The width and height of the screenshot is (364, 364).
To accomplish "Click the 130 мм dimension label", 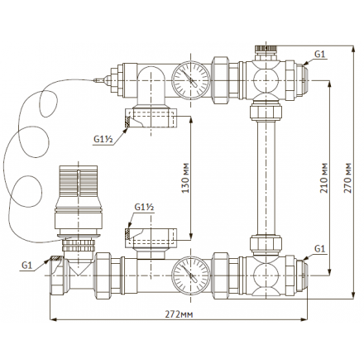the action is point(186,178).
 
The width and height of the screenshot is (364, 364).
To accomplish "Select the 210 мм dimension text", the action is point(324,178).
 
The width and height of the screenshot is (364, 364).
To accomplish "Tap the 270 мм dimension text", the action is point(347,178).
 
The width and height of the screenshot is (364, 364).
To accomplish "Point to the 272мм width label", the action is point(179,314).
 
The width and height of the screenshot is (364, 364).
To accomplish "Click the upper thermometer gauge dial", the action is point(191,80).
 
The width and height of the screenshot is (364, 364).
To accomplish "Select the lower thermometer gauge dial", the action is point(191,275).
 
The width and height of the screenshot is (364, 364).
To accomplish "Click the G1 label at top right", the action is point(320,55).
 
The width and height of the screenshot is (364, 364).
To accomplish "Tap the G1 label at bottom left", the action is point(27,266).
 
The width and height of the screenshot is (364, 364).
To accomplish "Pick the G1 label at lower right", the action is point(320,249).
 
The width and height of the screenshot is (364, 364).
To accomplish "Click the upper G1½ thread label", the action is point(103,139).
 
